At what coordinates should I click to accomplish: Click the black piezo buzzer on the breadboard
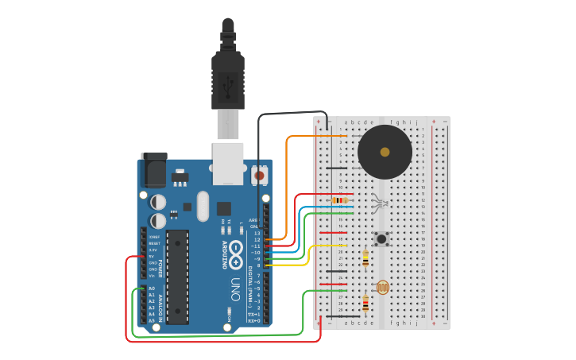tap(385, 152)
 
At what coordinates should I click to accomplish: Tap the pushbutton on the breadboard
tap(382, 238)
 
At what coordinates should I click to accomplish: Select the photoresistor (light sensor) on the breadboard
tap(382, 287)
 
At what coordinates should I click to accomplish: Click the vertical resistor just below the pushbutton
tap(365, 259)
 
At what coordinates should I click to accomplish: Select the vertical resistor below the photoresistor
tap(365, 304)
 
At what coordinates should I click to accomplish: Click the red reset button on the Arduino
tap(259, 173)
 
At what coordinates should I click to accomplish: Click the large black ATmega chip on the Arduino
tap(177, 277)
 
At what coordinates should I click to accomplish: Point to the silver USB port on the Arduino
tap(228, 163)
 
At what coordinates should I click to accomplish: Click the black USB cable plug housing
tap(228, 79)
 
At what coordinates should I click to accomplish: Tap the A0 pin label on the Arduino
tap(152, 288)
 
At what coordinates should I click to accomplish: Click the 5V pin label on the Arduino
tap(153, 256)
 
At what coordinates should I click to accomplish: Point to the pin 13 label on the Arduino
tap(257, 233)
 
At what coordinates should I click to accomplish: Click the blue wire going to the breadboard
tap(300, 230)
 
